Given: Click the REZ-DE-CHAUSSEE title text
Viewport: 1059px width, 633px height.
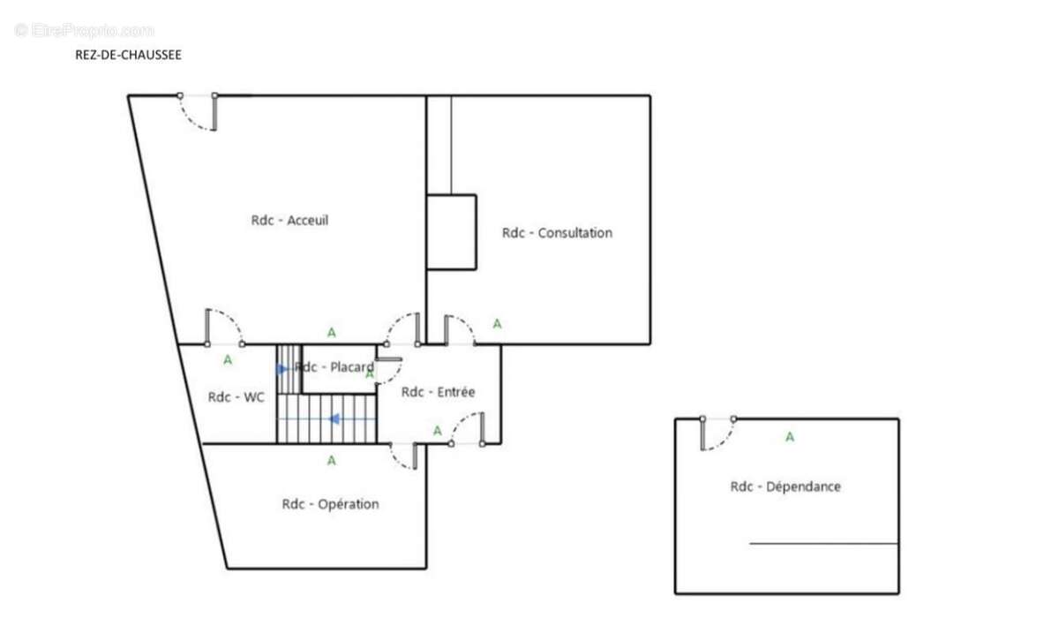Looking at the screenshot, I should pyautogui.click(x=128, y=55).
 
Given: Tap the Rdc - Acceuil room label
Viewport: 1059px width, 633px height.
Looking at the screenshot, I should pyautogui.click(x=289, y=220).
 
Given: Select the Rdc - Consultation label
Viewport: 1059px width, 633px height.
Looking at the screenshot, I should pyautogui.click(x=557, y=233).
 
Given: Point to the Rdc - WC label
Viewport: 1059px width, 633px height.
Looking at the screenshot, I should pyautogui.click(x=236, y=397).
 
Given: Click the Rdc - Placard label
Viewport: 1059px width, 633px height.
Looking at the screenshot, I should pyautogui.click(x=334, y=367).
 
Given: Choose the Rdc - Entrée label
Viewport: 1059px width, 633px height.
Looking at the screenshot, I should pyautogui.click(x=438, y=392).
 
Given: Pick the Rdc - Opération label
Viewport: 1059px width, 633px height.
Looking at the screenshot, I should pyautogui.click(x=330, y=504).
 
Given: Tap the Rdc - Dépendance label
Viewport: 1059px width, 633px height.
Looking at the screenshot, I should pyautogui.click(x=785, y=486).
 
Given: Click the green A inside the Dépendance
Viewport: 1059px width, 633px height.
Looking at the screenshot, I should pyautogui.click(x=790, y=436).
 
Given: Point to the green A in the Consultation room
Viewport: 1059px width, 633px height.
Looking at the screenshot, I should pyautogui.click(x=497, y=324).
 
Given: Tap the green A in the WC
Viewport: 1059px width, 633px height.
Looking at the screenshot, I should pyautogui.click(x=228, y=359).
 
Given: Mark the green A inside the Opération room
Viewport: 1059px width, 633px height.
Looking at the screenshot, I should pyautogui.click(x=332, y=460).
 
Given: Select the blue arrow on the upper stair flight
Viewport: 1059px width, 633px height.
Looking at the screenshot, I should pyautogui.click(x=282, y=369).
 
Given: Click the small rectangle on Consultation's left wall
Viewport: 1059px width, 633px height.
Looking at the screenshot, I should pyautogui.click(x=451, y=232).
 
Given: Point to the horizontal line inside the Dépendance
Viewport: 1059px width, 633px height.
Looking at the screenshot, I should pyautogui.click(x=823, y=544).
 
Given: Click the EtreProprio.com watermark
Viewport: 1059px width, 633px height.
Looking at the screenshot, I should pyautogui.click(x=84, y=30).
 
